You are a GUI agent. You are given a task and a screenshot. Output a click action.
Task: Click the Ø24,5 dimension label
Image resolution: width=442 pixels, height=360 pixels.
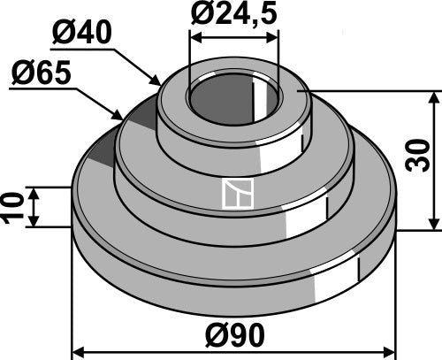(233, 15)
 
